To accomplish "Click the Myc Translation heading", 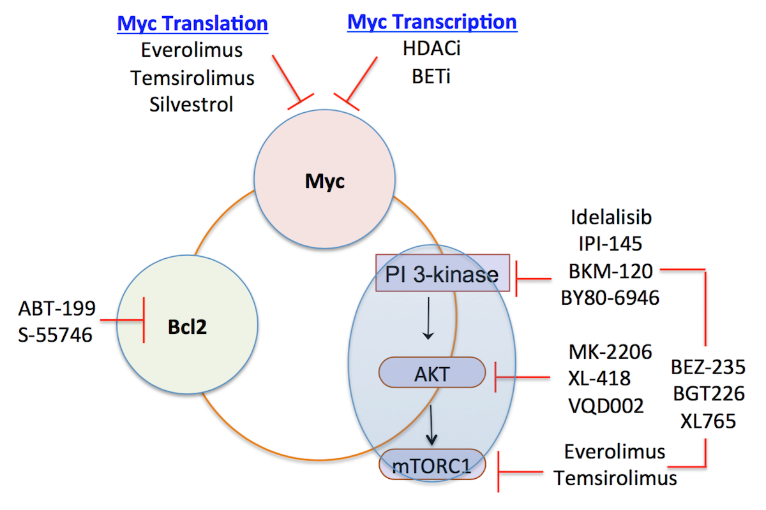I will [x=192, y=24].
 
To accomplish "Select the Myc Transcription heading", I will [x=432, y=22].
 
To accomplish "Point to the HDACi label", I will [x=432, y=49].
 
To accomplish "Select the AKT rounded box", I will [x=432, y=372].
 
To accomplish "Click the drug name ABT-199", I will [x=57, y=309].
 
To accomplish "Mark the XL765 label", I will [x=707, y=421].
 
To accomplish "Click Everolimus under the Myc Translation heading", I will [x=192, y=50].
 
